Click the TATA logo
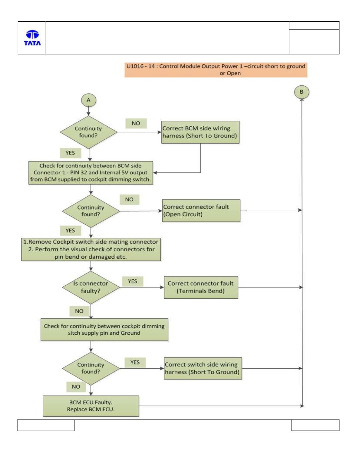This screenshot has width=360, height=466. point(32,38)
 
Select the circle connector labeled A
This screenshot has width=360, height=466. point(89,100)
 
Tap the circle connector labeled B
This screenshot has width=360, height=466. point(302,92)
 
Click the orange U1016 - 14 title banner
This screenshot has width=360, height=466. point(216,70)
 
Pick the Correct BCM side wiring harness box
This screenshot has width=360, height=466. point(200,132)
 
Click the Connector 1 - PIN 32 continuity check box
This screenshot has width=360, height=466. point(91,173)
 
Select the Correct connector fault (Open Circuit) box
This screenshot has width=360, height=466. point(201,211)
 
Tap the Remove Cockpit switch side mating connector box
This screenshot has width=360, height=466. point(91,250)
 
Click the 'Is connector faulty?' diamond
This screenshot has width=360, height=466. point(91,287)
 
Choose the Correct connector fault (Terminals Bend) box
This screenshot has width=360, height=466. point(201,287)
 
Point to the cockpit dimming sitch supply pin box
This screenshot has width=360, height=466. point(104,330)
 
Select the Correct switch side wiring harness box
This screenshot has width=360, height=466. point(203,368)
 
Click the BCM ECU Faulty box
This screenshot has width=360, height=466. point(91,406)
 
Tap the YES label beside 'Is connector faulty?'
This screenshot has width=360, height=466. point(133,281)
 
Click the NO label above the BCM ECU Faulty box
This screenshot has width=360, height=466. point(76,387)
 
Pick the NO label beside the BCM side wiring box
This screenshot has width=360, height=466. point(136,123)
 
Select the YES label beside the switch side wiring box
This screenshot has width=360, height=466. point(135,362)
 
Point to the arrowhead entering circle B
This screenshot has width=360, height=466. point(302,100)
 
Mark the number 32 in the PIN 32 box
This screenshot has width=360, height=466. point(84,172)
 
